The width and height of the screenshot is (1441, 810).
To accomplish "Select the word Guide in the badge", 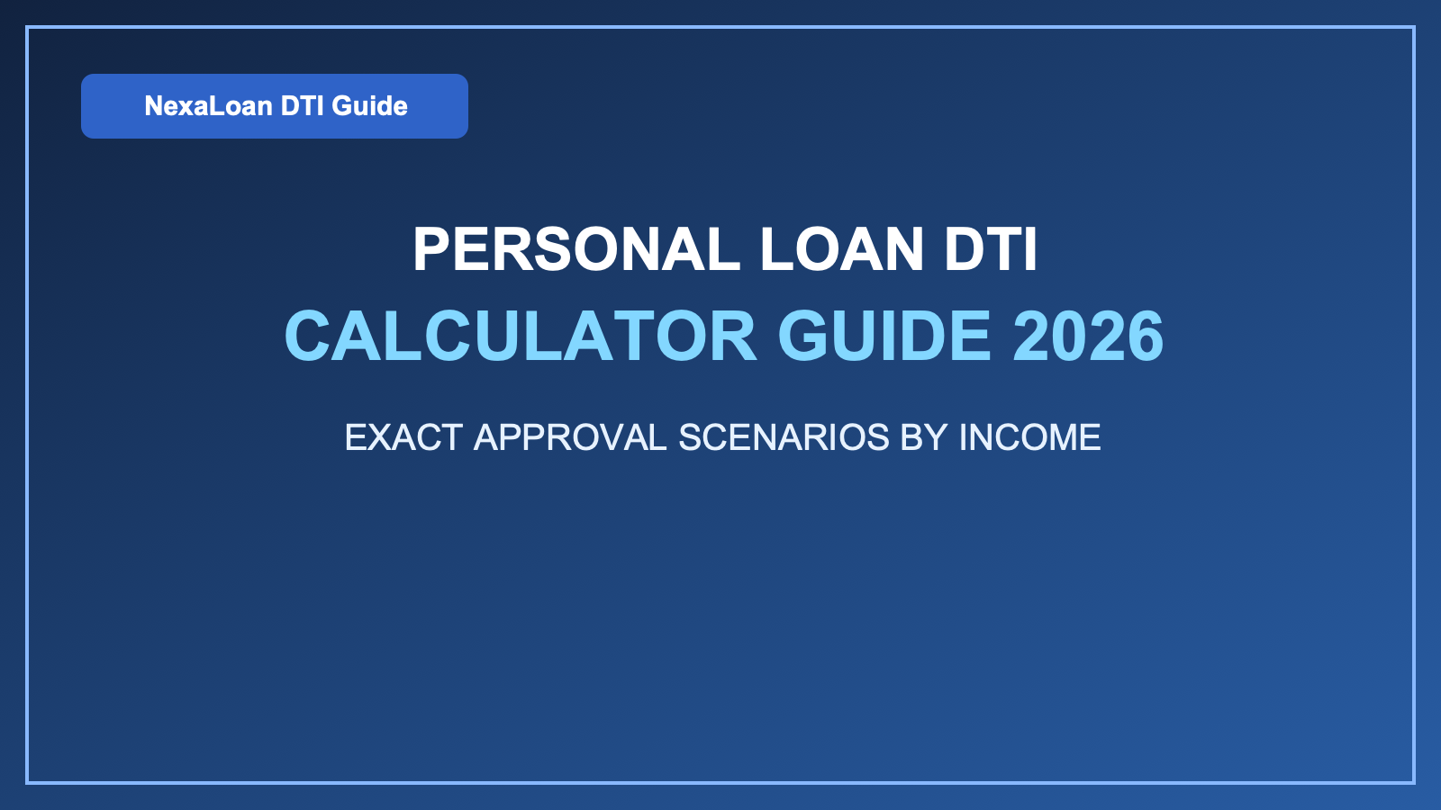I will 369,106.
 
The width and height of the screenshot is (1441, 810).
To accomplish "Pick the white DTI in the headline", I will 991,249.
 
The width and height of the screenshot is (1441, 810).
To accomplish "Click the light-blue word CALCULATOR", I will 521,337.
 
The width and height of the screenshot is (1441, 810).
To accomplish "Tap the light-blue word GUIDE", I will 884,337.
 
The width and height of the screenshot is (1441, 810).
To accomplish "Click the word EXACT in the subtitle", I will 403,438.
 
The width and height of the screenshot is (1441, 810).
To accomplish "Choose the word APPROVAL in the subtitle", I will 570,438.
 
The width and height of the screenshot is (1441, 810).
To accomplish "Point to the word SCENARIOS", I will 784,438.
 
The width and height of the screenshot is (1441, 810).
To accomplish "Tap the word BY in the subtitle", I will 924,438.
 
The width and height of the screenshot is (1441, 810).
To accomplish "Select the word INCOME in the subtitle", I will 1029,438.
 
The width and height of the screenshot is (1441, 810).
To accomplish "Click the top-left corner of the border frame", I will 27,28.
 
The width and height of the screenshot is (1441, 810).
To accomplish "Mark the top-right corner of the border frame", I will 1414,28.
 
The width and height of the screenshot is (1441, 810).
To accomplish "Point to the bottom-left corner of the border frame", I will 27,782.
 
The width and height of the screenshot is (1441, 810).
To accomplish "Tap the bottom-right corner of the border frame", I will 1414,782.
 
